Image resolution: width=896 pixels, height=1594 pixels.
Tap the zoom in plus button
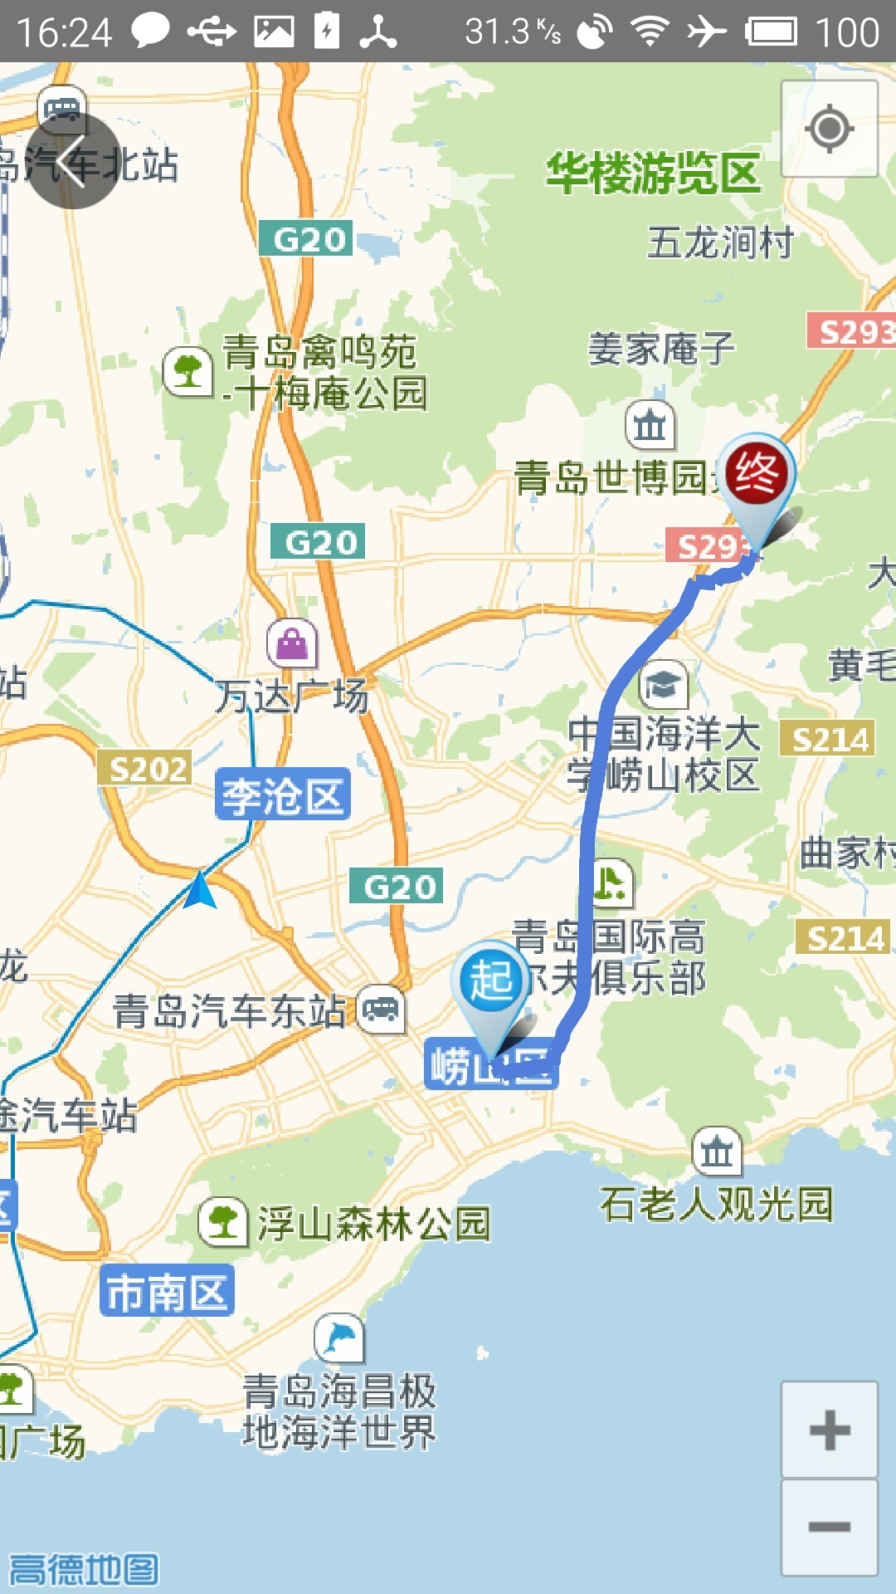[829, 1430]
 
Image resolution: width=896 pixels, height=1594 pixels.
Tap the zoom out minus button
[829, 1527]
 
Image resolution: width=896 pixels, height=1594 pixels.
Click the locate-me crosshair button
[829, 129]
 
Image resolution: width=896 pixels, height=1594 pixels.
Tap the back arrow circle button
[74, 161]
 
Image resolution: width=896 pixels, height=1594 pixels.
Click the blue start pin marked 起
[491, 981]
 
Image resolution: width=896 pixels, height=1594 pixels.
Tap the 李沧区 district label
[282, 795]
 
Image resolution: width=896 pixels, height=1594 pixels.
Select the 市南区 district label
[167, 1291]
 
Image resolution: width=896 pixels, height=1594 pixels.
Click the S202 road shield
[145, 769]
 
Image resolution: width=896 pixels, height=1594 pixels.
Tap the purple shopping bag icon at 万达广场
[292, 643]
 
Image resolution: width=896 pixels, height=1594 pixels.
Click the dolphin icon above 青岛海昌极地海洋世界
[339, 1338]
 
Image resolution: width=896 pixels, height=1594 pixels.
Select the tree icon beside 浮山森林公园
[223, 1222]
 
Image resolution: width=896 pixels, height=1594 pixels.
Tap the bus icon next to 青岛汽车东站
[382, 1010]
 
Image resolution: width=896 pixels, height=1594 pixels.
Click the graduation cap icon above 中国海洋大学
[664, 685]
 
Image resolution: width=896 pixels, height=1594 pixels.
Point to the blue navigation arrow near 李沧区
[199, 891]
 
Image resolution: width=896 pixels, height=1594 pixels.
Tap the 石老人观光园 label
[716, 1204]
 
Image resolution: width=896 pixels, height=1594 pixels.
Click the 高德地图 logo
[84, 1569]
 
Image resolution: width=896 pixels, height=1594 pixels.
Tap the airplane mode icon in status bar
[706, 32]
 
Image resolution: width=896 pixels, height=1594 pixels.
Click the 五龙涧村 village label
[720, 243]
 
